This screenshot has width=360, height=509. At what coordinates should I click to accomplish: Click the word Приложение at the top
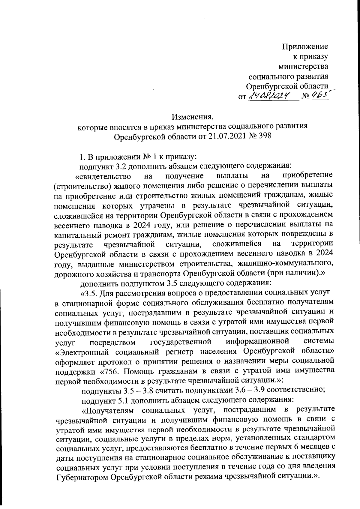tap(305, 46)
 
